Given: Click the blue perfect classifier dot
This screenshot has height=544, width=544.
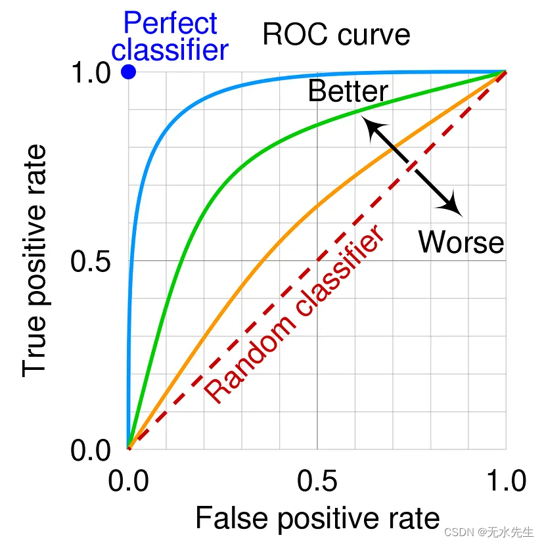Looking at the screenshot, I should coord(129,72).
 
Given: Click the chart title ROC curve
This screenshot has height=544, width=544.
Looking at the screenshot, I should coord(336,34).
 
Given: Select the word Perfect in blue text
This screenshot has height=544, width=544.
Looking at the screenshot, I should coord(170,24).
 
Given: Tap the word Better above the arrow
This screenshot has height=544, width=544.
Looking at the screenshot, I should coord(348,91).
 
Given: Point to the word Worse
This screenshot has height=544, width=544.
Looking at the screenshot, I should coord(461,242).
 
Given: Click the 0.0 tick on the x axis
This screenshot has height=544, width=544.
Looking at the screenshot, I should coord(129,481).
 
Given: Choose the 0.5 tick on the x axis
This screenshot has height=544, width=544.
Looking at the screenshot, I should coord(317,481).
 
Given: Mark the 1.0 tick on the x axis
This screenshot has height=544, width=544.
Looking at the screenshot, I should coord(505,481).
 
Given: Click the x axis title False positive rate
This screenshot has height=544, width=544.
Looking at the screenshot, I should coord(317,518).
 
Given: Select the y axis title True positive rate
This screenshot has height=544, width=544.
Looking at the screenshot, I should coord(35,261).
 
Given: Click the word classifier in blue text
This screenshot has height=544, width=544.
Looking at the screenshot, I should coord(174,50).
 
